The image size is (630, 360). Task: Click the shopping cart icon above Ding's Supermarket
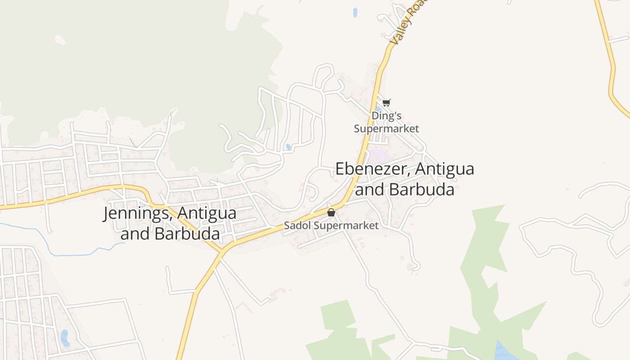tap(386, 103)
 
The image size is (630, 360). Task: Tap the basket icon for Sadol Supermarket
tap(331, 212)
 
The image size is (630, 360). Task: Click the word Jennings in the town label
tap(135, 213)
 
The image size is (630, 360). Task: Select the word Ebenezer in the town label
tap(373, 169)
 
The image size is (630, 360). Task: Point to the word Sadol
tap(297, 225)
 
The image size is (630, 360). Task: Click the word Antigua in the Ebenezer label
tap(445, 169)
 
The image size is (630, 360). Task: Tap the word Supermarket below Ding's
tap(386, 129)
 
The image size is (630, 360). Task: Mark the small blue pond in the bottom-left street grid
tap(65, 337)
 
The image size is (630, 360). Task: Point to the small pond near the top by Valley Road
tap(355, 12)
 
